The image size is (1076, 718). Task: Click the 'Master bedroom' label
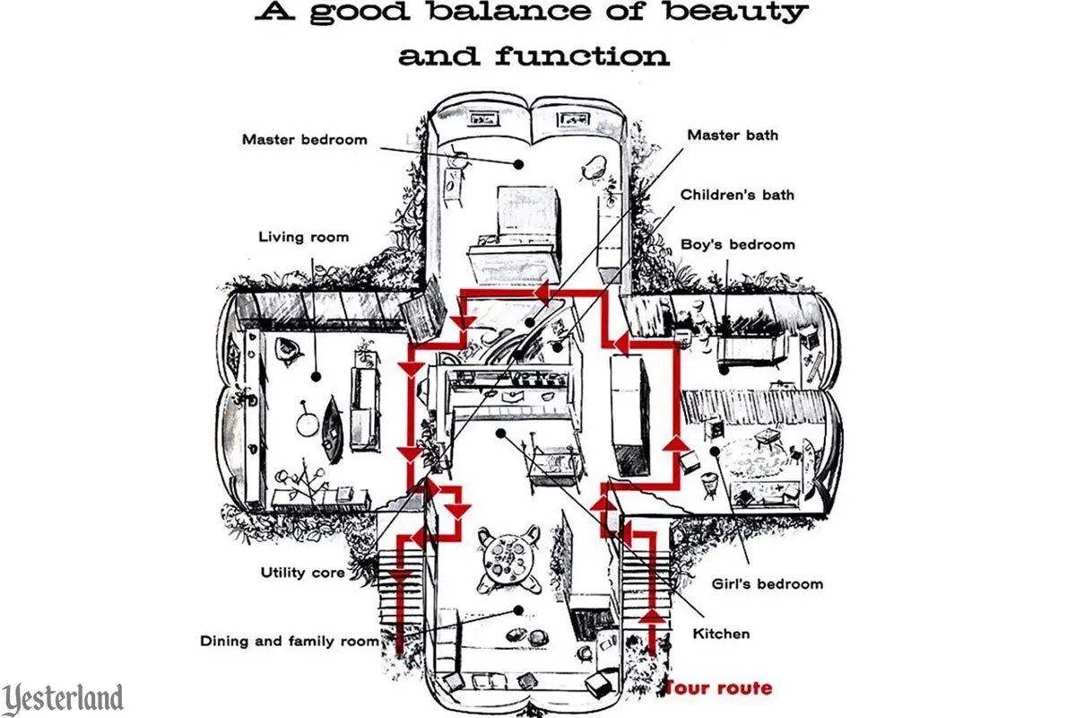(x=304, y=139)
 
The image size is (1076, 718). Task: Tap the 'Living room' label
(x=303, y=237)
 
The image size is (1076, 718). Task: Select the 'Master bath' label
(x=733, y=135)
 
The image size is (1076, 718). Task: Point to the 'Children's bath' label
(x=737, y=194)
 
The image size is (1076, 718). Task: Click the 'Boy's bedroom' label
(x=738, y=244)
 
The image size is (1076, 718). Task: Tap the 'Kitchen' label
(x=721, y=634)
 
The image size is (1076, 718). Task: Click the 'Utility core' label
(x=302, y=572)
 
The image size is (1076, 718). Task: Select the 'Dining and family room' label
(x=289, y=641)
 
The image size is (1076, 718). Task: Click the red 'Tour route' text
(x=717, y=688)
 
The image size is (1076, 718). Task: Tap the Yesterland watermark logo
(x=63, y=698)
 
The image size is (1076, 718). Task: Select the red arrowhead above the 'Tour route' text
(x=653, y=617)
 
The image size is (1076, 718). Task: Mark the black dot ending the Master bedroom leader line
(x=518, y=163)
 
